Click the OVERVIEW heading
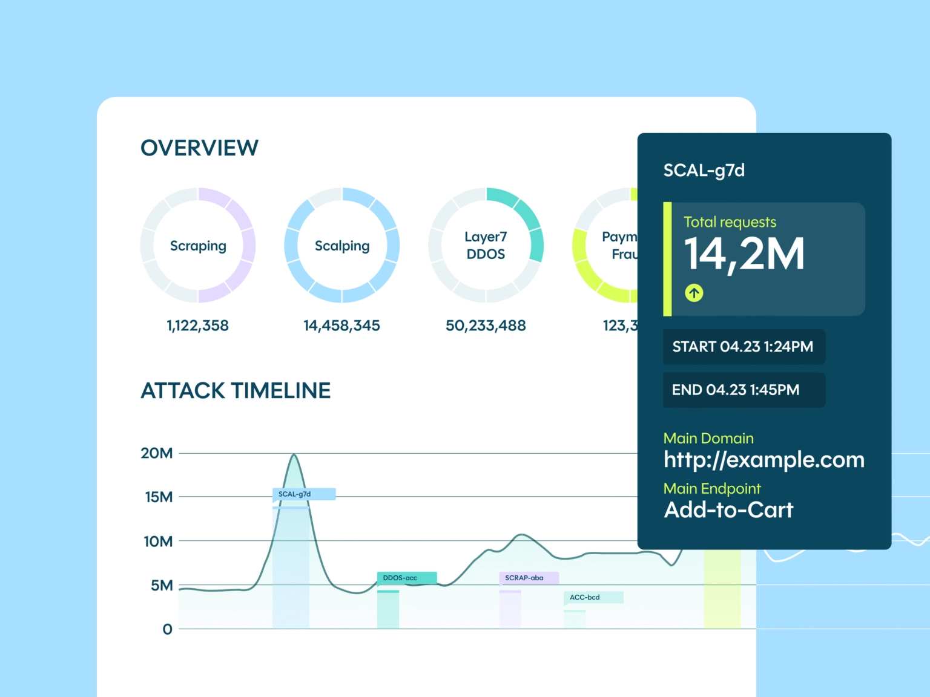point(199,148)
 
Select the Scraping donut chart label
point(198,246)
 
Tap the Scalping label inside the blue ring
point(342,246)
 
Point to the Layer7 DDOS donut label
point(486,246)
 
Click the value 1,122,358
point(197,326)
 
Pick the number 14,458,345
point(341,326)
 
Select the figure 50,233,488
point(486,326)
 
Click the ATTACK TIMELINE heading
point(236,391)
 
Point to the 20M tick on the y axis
point(157,453)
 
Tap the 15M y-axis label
point(159,497)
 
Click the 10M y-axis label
point(158,542)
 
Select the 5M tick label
point(162,586)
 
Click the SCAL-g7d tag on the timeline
point(303,494)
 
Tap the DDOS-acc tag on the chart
point(406,578)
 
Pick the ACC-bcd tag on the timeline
point(593,597)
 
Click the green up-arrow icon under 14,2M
point(694,293)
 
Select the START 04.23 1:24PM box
point(744,347)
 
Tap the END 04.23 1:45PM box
point(744,390)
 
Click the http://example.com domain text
point(764,460)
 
